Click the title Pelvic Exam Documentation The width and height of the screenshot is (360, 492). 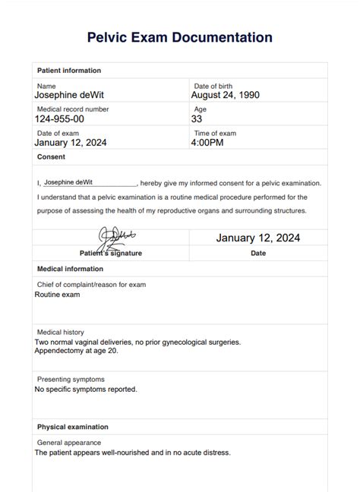tap(180, 37)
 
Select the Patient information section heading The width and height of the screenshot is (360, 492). tap(69, 71)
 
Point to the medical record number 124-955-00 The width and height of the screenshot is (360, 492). tap(60, 119)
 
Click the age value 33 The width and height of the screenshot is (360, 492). tap(197, 119)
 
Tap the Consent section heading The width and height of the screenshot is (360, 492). tap(52, 157)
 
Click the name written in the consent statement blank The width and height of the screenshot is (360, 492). tap(68, 183)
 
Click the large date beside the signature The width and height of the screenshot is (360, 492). tap(258, 238)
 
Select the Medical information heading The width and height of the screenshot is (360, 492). tap(71, 269)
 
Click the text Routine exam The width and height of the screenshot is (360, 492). tap(61, 294)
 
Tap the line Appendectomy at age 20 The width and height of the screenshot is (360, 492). tap(77, 352)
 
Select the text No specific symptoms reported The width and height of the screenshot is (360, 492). tap(86, 389)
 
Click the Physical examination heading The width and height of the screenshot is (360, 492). tap(74, 426)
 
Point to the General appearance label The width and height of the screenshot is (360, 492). tap(69, 443)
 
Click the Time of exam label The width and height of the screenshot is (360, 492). tap(215, 133)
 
